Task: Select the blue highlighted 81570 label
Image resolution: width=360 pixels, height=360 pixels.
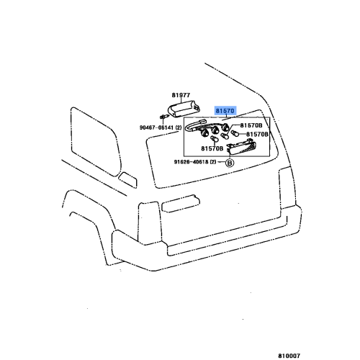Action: pos(226,112)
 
